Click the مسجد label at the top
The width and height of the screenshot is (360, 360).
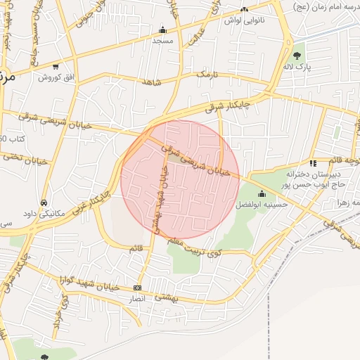(x=162, y=41)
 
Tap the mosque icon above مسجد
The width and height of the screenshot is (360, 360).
(x=163, y=30)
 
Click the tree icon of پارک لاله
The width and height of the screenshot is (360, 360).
(x=298, y=55)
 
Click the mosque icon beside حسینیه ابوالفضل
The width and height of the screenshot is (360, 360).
(x=262, y=193)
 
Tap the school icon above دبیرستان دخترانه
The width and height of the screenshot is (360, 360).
(x=312, y=161)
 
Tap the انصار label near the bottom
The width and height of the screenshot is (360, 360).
(x=137, y=299)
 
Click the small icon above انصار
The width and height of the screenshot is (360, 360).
(x=137, y=288)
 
